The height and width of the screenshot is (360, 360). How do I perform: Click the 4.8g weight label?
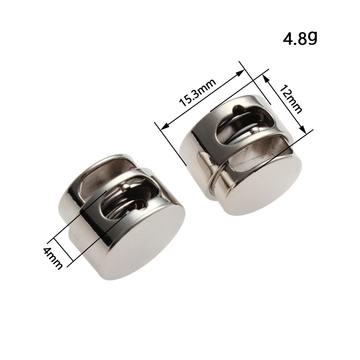pos(300,38)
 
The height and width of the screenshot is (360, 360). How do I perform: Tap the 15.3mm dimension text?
pos(198,93)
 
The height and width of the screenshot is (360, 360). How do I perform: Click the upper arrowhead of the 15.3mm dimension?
pos(240,73)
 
